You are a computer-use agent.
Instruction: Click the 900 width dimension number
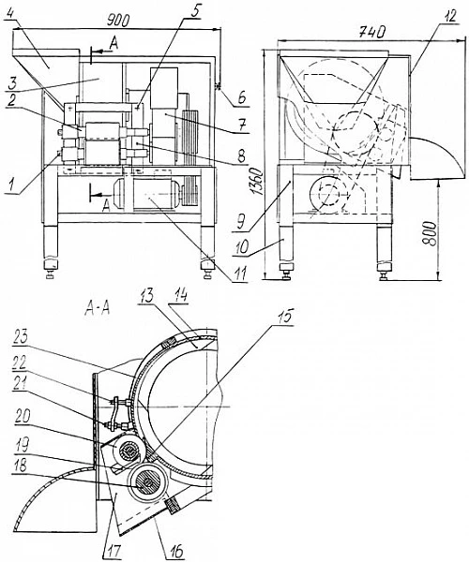[118, 22]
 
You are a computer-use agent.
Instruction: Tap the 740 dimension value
[372, 32]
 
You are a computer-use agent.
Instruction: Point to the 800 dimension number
[430, 233]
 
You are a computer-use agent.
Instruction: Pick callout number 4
[11, 16]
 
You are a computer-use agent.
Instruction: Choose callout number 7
[242, 126]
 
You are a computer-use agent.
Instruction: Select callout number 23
[20, 338]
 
